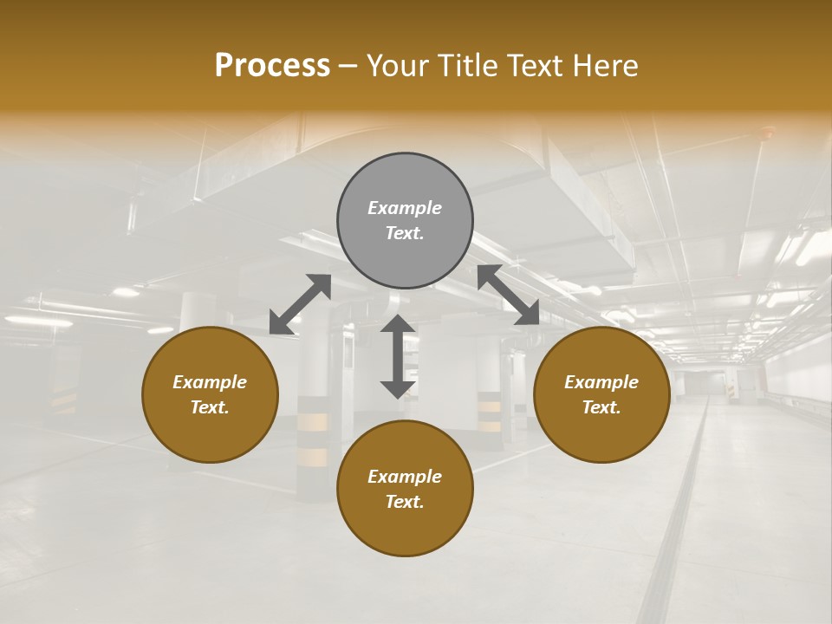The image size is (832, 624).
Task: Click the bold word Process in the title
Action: pyautogui.click(x=272, y=66)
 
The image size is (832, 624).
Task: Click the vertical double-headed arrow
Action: pyautogui.click(x=398, y=356)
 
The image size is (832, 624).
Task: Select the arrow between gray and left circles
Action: pyautogui.click(x=300, y=304)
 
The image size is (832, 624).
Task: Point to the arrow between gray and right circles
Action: pyautogui.click(x=509, y=295)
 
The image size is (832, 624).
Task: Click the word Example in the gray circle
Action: pyautogui.click(x=405, y=208)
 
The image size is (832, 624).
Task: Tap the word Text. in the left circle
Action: pyautogui.click(x=210, y=407)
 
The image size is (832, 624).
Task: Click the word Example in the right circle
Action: pyautogui.click(x=601, y=382)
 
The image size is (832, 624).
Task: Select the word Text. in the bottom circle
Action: pyautogui.click(x=405, y=502)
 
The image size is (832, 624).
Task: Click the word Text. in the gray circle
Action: pyautogui.click(x=405, y=233)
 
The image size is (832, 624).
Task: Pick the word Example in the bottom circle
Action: pyautogui.click(x=405, y=477)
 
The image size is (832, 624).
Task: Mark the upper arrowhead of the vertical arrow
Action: pyautogui.click(x=398, y=324)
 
